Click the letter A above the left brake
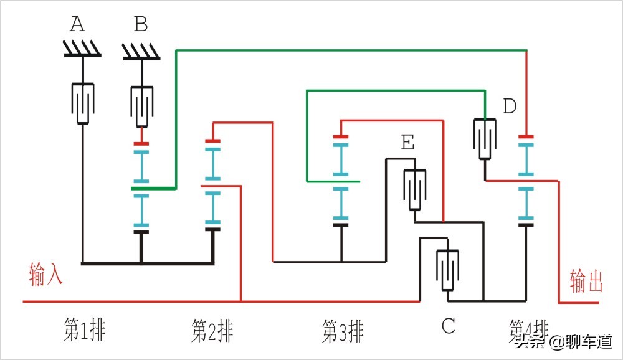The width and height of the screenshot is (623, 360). click(x=77, y=24)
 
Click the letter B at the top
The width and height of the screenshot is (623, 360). click(x=141, y=24)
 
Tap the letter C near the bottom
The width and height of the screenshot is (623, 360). click(x=448, y=325)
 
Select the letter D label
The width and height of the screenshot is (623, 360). click(x=510, y=107)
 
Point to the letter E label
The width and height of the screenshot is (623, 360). click(x=407, y=143)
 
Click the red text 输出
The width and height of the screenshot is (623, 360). click(x=586, y=282)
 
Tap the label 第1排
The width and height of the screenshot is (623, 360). click(x=84, y=330)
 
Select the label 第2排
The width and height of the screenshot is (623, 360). click(x=212, y=330)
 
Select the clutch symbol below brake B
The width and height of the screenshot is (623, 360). click(x=142, y=107)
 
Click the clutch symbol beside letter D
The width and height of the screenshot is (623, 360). click(x=484, y=138)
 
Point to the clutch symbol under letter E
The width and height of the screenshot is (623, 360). click(x=414, y=189)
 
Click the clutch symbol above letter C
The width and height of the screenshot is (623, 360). click(x=447, y=270)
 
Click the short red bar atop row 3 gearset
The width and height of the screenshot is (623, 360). click(x=340, y=136)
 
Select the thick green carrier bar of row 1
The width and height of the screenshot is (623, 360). click(x=153, y=187)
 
